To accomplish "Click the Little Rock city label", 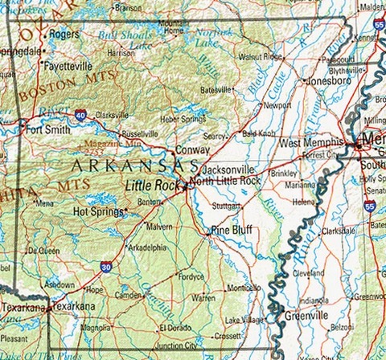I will tap(153, 186).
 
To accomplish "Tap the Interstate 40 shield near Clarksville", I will tap(80, 115).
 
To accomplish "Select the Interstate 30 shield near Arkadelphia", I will tap(106, 266).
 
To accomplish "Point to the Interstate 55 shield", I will tap(368, 206).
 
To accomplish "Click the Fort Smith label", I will tap(45, 128).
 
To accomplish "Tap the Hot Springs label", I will tap(98, 212).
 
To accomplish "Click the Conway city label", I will tap(193, 149).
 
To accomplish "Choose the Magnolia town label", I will tap(96, 327).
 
